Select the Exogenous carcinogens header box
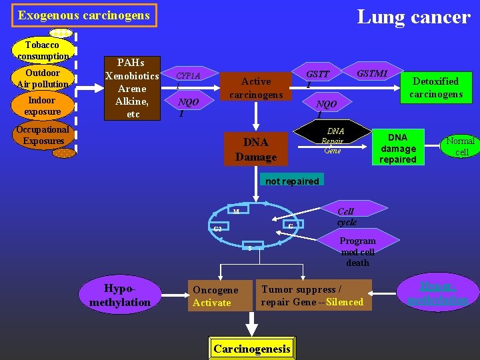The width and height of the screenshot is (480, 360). (84, 15)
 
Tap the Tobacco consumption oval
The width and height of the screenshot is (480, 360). (43, 51)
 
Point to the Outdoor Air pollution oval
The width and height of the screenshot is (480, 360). (43, 79)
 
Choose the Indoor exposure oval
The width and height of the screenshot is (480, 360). (43, 106)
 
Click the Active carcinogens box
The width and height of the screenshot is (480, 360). (256, 87)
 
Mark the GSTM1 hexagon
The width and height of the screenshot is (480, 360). (372, 73)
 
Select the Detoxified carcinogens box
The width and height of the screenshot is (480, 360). (435, 87)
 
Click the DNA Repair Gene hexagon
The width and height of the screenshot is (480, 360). (333, 141)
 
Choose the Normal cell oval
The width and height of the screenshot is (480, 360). (460, 146)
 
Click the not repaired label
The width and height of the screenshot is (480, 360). (292, 181)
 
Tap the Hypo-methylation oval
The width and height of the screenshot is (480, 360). (120, 295)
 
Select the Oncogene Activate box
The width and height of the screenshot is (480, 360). (219, 296)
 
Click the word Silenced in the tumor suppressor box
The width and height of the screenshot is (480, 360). (345, 302)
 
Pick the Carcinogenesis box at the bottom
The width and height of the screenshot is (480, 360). (252, 349)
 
